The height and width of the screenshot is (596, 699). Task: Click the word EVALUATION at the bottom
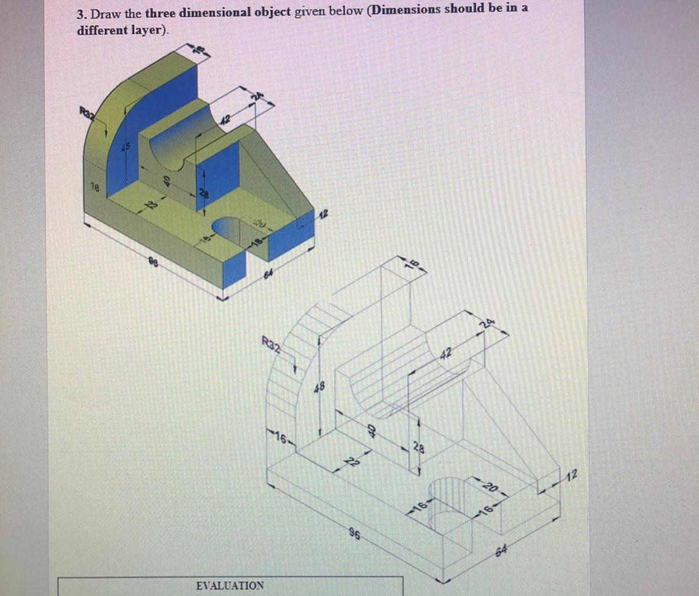click(229, 585)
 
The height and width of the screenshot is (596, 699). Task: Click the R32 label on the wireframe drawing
click(271, 343)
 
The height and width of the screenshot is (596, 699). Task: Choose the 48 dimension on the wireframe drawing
click(319, 387)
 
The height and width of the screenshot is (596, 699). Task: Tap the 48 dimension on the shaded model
click(125, 144)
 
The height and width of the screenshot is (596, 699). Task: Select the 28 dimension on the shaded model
click(203, 194)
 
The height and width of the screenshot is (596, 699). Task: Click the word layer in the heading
click(146, 30)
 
